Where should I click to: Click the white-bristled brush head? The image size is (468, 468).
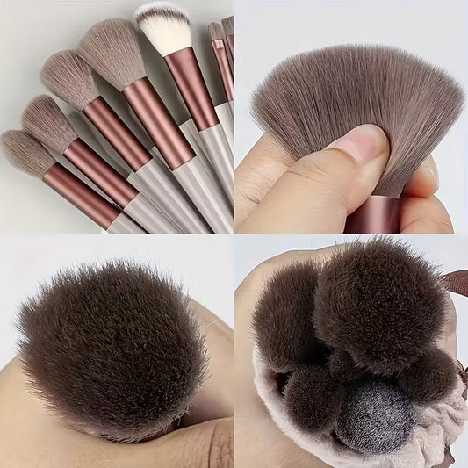pyautogui.click(x=163, y=26)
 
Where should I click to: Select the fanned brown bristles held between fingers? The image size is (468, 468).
pyautogui.click(x=351, y=88)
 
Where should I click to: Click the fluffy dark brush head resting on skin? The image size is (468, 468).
pyautogui.click(x=110, y=342)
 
